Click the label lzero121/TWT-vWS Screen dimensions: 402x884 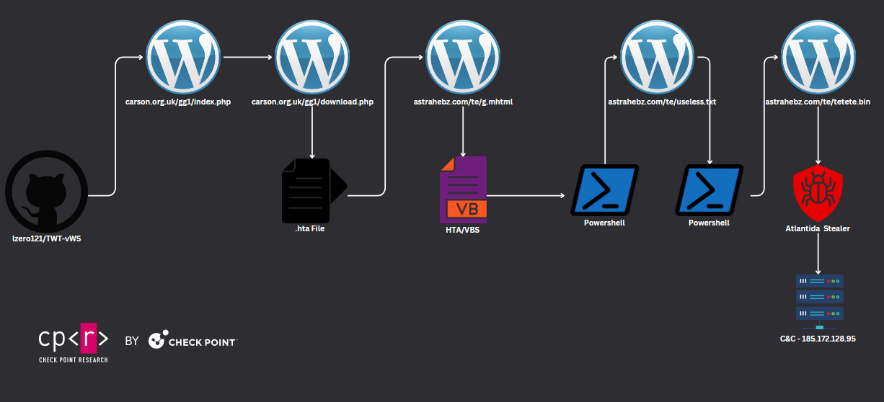(47, 238)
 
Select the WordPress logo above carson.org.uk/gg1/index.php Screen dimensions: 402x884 (182, 56)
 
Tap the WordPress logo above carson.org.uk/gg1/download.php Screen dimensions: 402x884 (312, 56)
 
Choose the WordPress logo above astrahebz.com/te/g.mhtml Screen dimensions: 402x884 (462, 56)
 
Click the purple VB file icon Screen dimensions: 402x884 (463, 190)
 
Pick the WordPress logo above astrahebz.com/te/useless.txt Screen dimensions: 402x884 (657, 56)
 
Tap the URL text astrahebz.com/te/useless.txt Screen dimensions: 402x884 (662, 102)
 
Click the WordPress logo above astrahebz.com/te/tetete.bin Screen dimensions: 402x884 (818, 56)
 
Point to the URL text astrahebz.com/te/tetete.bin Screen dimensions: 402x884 (818, 102)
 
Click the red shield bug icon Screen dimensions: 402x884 (818, 191)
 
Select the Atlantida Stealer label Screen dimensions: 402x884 (818, 228)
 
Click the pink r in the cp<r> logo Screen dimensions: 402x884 (88, 338)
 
